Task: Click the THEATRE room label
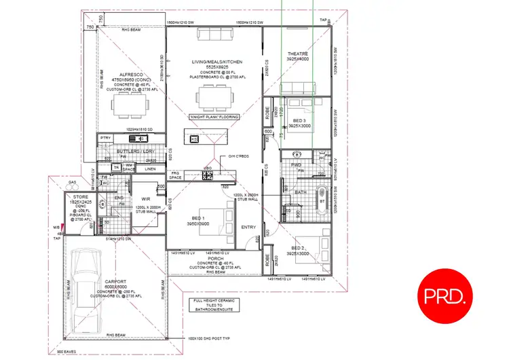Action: (x=298, y=54)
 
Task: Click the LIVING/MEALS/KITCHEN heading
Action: (x=217, y=62)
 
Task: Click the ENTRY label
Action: (x=249, y=227)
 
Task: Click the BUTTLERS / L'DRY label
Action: (x=132, y=151)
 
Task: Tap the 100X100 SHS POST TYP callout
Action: (x=210, y=337)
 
